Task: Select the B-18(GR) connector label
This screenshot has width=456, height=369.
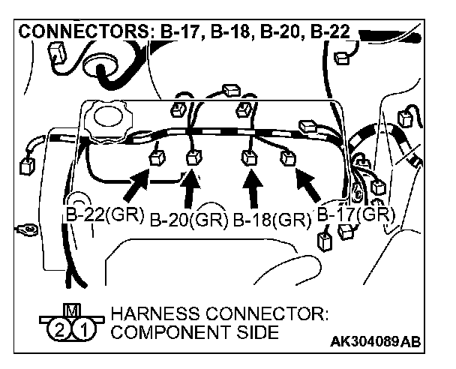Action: click(x=271, y=220)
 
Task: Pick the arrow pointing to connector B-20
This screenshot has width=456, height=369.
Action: click(x=192, y=185)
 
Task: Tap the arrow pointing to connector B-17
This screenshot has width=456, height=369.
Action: click(x=309, y=184)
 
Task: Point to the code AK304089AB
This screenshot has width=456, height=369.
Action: click(x=375, y=342)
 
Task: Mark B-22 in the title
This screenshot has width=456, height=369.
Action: click(x=328, y=33)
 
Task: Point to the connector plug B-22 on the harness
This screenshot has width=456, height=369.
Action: click(x=157, y=158)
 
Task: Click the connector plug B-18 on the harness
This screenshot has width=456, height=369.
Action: click(x=248, y=157)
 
